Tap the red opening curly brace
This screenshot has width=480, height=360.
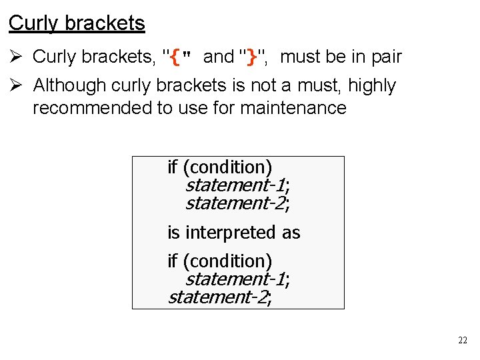click(x=175, y=57)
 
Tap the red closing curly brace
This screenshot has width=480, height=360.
click(x=251, y=57)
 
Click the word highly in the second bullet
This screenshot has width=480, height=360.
click(x=372, y=85)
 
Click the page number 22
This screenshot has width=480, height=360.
click(x=463, y=341)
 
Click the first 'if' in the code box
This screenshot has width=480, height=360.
click(x=172, y=167)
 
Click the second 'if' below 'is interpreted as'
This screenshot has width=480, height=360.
click(x=172, y=261)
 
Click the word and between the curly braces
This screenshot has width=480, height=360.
click(x=218, y=57)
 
